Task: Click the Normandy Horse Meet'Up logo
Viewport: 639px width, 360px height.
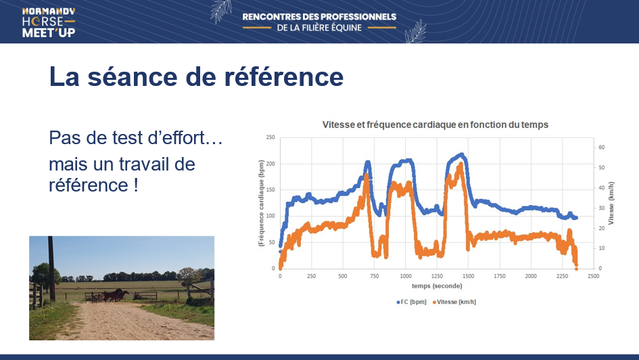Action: [x=49, y=22]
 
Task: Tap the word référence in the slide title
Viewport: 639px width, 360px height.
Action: [x=283, y=76]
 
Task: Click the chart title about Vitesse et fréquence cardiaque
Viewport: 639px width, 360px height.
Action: [x=435, y=125]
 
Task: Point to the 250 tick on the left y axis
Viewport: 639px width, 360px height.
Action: [x=270, y=137]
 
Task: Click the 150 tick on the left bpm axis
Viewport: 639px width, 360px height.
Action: [x=270, y=189]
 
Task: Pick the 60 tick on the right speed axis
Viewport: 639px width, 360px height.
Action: [x=602, y=147]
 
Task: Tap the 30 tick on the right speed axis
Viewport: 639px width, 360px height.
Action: [x=602, y=208]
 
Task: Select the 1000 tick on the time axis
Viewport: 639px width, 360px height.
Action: [x=406, y=276]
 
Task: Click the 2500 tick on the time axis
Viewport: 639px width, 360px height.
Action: [x=594, y=276]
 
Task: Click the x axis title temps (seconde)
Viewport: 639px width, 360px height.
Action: [x=437, y=286]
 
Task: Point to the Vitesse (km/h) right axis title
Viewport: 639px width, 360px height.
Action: [x=611, y=203]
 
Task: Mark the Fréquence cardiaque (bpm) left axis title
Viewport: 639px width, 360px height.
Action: [x=261, y=203]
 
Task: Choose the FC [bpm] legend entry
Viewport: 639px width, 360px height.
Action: [x=411, y=302]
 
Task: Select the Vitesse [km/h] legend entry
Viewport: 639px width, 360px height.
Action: [x=454, y=302]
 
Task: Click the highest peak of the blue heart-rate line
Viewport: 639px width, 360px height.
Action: [x=462, y=154]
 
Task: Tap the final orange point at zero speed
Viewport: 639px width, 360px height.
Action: [x=576, y=269]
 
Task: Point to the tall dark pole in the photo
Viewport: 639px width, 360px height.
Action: [x=51, y=269]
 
